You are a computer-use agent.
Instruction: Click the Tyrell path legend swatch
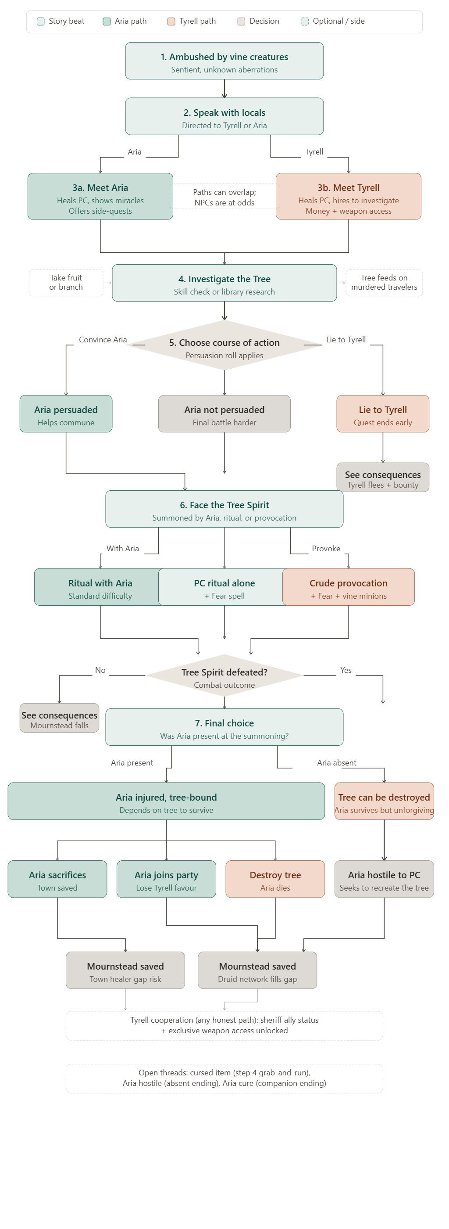171,22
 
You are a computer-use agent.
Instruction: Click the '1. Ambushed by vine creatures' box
224,61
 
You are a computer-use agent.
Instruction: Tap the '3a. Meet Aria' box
100,197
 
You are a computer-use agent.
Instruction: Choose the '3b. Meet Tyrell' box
349,197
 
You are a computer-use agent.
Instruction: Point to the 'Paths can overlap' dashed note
224,197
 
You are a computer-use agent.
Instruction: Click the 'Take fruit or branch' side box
66,282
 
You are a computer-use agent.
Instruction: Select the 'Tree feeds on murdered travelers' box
384,282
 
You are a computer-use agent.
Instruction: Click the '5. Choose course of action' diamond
224,345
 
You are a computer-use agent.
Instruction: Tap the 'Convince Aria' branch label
103,340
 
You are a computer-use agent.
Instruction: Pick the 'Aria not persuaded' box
224,414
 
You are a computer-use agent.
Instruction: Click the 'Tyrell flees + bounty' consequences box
383,478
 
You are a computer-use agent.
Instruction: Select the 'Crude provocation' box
349,587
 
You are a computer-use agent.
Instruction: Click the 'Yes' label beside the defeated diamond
346,670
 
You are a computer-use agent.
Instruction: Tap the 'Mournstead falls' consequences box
59,718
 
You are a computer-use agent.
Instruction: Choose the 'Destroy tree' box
275,879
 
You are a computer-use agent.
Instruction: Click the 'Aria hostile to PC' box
384,879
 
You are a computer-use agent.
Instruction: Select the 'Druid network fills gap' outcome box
257,970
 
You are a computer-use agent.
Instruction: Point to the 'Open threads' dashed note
224,1078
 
